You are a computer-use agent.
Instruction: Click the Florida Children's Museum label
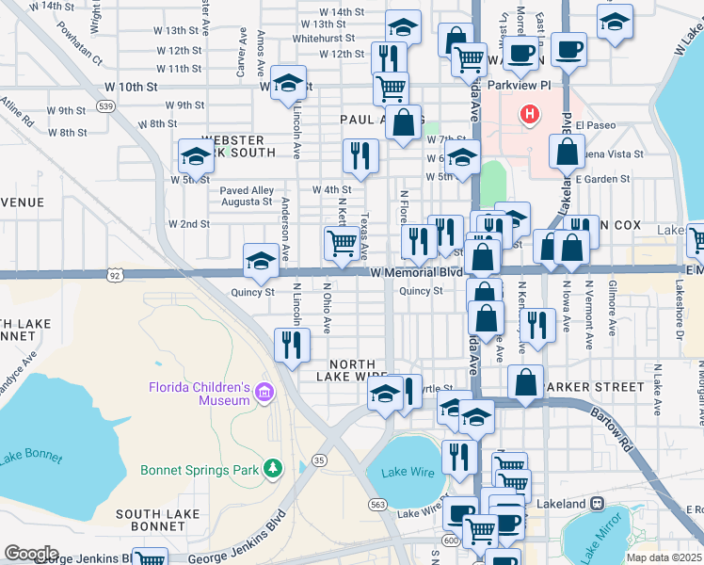(199, 394)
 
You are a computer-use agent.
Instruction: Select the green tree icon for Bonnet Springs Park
(273, 468)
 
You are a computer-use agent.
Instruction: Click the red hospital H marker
(531, 115)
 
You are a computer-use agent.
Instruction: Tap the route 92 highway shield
(115, 276)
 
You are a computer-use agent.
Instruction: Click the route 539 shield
(106, 106)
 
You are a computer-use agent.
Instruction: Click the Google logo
(31, 553)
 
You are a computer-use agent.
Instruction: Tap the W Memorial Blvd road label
(418, 272)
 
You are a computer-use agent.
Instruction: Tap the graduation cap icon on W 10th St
(288, 81)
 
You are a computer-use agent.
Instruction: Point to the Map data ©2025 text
(664, 557)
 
